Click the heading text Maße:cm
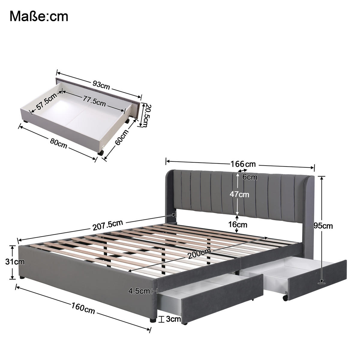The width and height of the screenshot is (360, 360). (x=39, y=16)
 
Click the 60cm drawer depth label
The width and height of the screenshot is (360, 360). (x=121, y=137)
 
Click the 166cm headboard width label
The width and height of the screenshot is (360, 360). (x=243, y=164)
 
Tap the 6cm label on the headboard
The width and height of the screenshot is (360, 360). (x=250, y=177)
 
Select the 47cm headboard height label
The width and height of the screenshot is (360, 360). (x=239, y=194)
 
